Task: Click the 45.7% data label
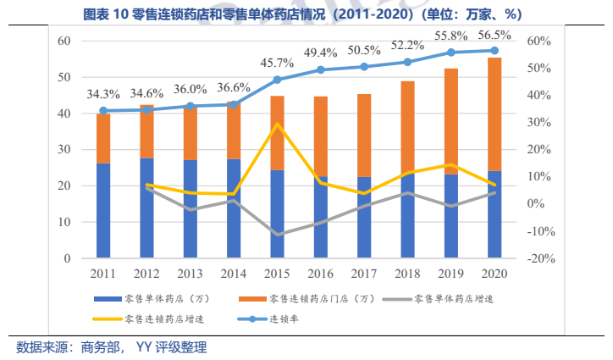pos(276,64)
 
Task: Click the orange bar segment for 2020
pos(494,114)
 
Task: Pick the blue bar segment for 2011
pos(103,210)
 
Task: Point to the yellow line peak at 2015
pos(277,124)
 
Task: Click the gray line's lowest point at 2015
pos(277,234)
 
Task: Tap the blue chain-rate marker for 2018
pos(407,62)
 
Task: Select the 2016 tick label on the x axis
pos(320,273)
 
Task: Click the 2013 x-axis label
pos(190,273)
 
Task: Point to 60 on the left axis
pos(63,41)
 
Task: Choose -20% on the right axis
pos(539,258)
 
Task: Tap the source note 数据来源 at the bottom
pos(111,347)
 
